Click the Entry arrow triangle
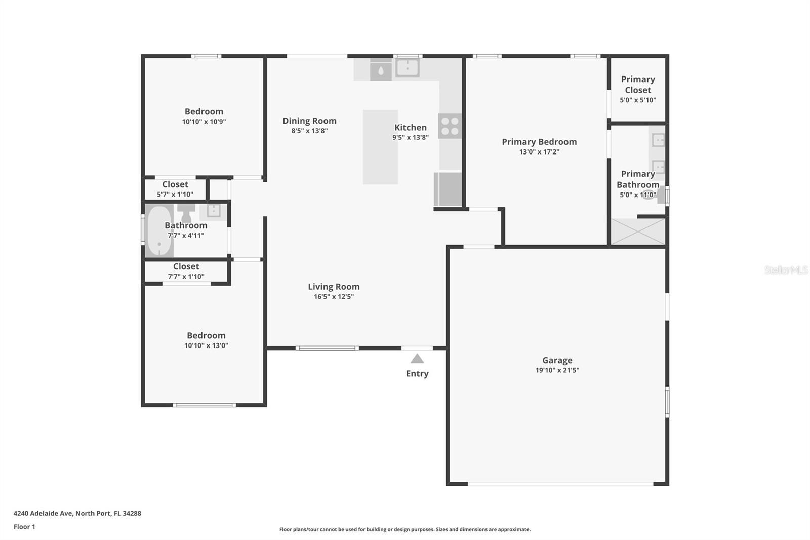[x=417, y=359]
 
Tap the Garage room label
[x=557, y=360]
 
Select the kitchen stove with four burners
[x=450, y=126]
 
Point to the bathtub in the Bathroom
[x=159, y=230]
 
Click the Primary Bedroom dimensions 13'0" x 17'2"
[x=539, y=152]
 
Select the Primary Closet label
[x=638, y=85]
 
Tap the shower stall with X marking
[x=638, y=232]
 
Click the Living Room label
[x=334, y=287]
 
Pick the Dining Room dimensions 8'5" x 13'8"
[x=309, y=131]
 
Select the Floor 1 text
[x=24, y=527]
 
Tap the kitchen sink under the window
[x=407, y=67]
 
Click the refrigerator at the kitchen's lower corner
[x=448, y=189]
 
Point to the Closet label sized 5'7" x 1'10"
[x=175, y=184]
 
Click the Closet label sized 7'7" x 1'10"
[x=186, y=266]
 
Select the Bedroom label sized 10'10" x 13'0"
[x=206, y=335]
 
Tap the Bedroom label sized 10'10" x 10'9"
[x=204, y=111]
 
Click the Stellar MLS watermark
[x=786, y=270]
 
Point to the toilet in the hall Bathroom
[x=186, y=212]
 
